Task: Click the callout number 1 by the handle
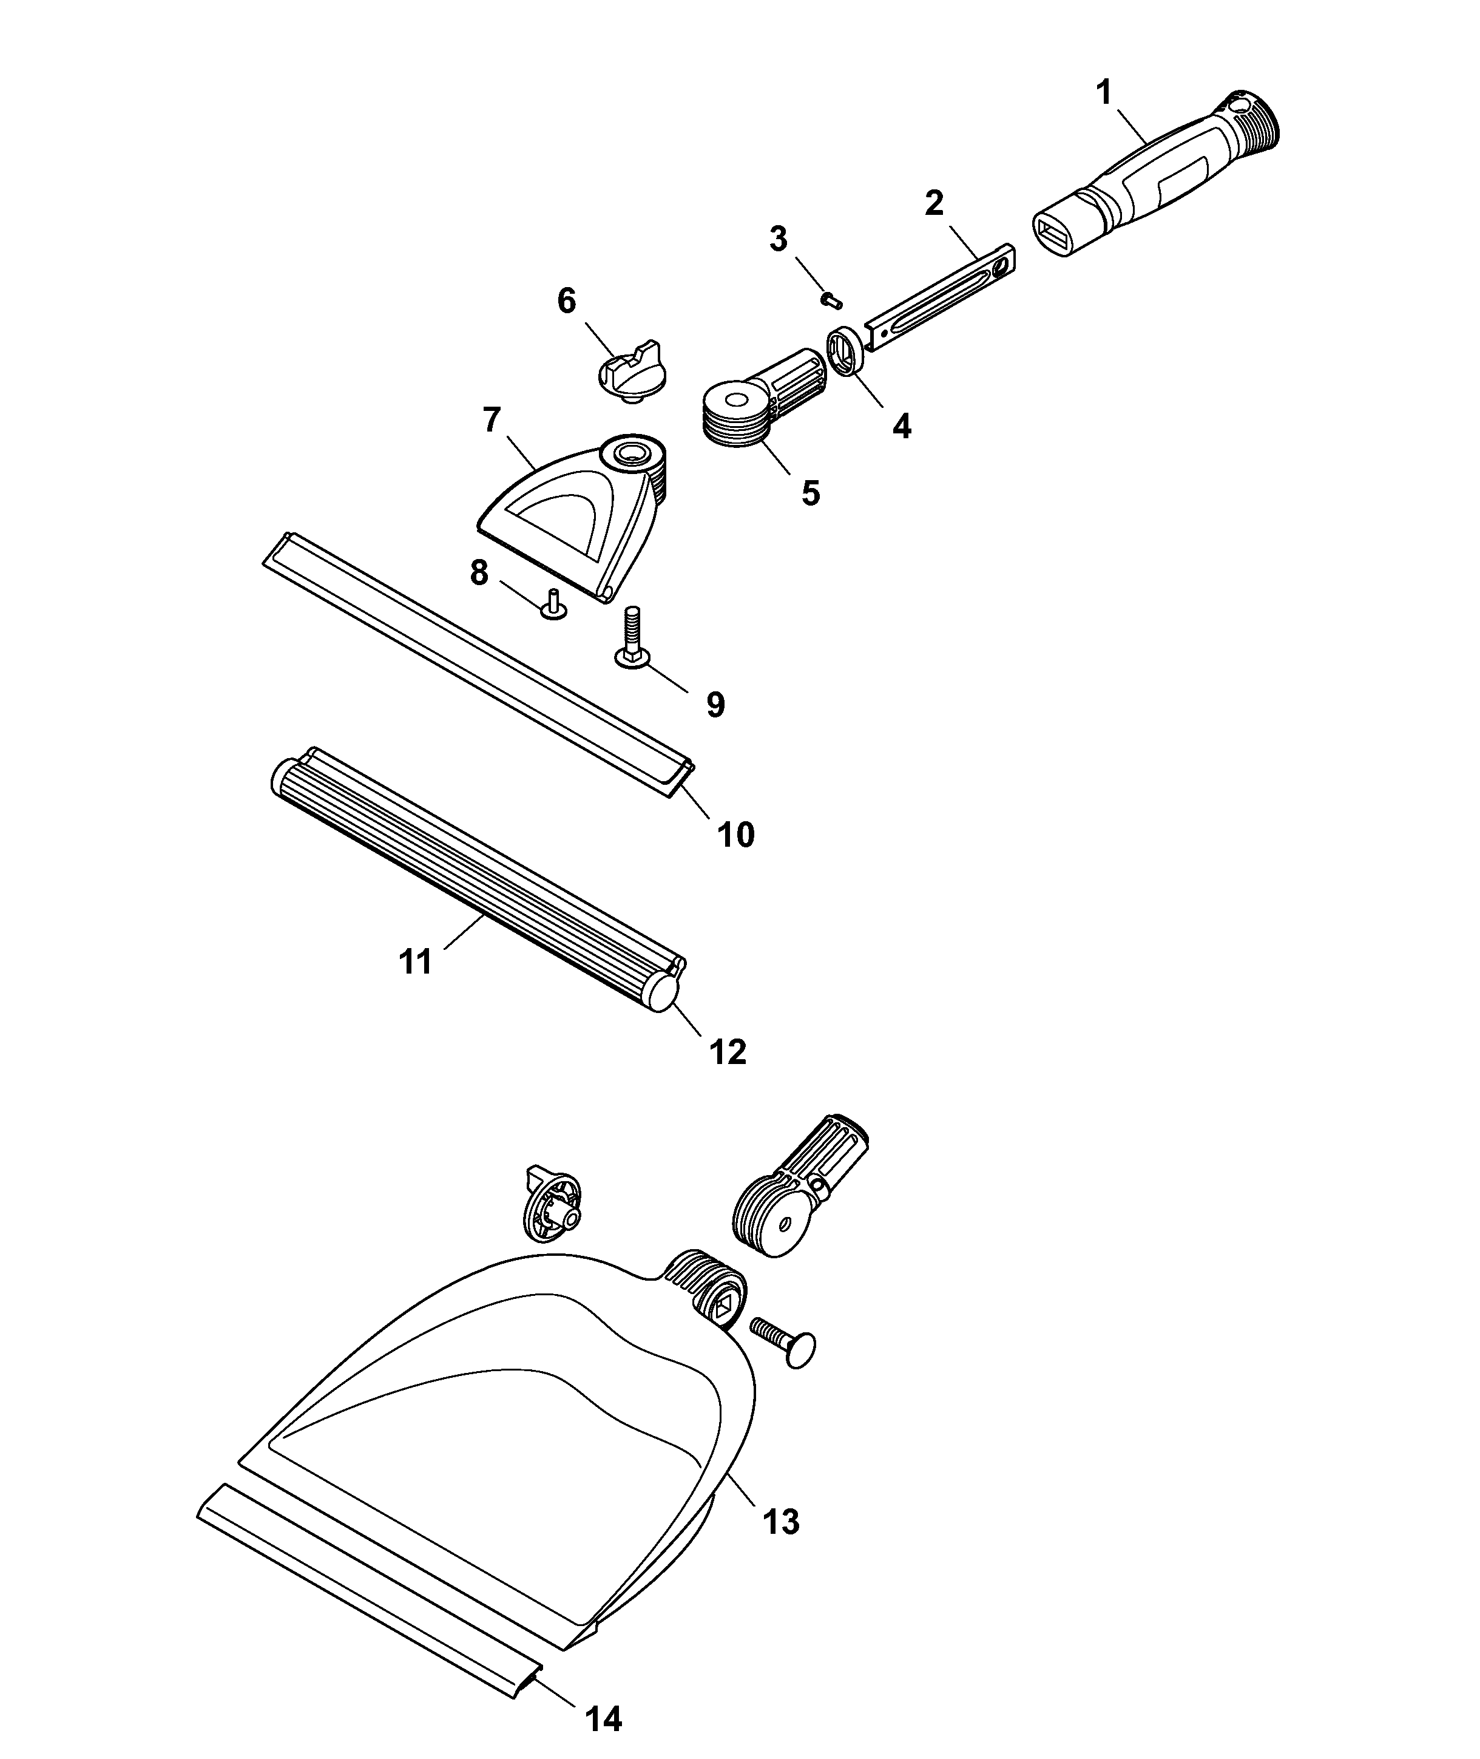[x=1104, y=92]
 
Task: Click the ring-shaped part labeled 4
[x=845, y=351]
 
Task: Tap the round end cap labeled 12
[x=662, y=996]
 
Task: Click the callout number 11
[x=415, y=961]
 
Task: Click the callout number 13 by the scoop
[x=781, y=1520]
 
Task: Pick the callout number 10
[x=735, y=835]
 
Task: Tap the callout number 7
[x=492, y=419]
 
